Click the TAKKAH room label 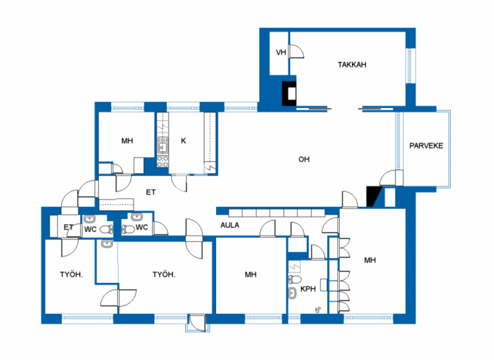coord(352,64)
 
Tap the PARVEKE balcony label coord(426,145)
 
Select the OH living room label coord(304,159)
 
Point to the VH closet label coord(280,53)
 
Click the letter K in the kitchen coord(183,141)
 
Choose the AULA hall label coord(230,225)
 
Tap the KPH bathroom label coord(309,289)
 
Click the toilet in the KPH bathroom coord(295,280)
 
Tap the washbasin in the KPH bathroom coord(293,294)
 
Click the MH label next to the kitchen coord(127,141)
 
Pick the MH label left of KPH coord(250,274)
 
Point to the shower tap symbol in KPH coord(318,311)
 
